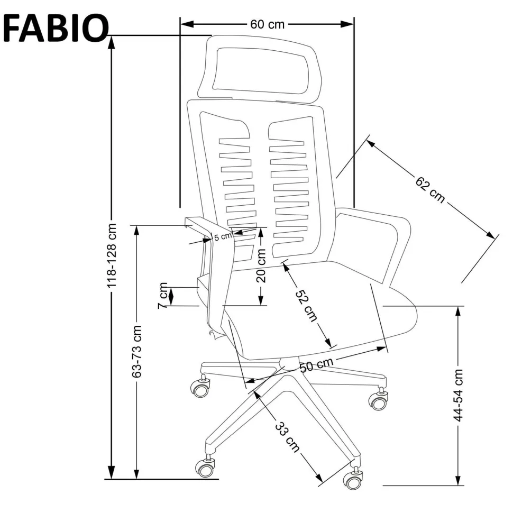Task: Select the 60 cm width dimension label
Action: point(267,24)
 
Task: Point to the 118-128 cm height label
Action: point(112,255)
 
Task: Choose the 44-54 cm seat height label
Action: point(459,394)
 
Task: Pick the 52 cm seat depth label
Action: point(306,306)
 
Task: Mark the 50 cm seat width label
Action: point(316,365)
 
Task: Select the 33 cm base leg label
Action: point(287,437)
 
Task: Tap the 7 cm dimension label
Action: point(163,296)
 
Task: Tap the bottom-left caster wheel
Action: point(205,467)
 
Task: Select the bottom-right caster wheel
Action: point(352,480)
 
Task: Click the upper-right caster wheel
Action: point(379,401)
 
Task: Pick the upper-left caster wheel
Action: point(200,389)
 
